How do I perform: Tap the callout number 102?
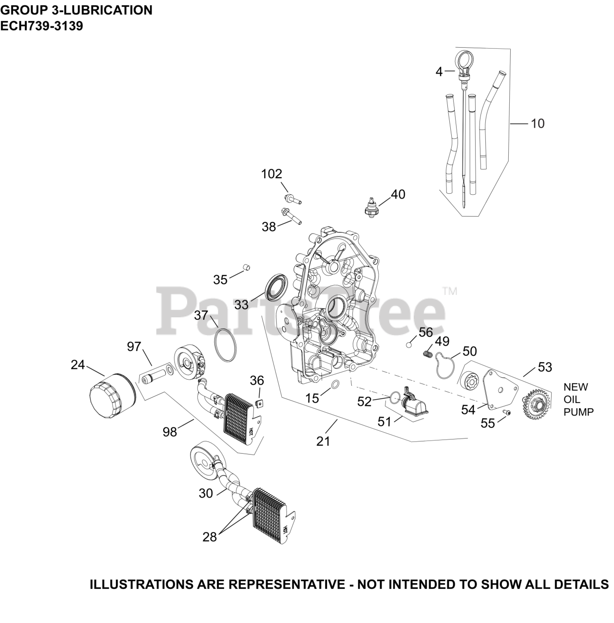click(x=272, y=174)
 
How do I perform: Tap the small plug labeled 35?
click(x=247, y=267)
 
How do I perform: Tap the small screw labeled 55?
click(x=507, y=413)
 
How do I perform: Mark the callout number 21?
click(x=323, y=441)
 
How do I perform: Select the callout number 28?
click(x=210, y=536)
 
